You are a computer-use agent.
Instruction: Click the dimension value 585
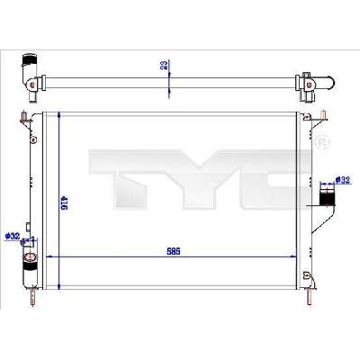click(x=174, y=251)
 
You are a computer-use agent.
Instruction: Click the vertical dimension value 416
click(x=64, y=202)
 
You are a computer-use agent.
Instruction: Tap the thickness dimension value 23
click(x=164, y=65)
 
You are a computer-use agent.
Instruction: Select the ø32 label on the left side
click(x=13, y=237)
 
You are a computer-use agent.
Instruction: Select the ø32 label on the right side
click(x=343, y=180)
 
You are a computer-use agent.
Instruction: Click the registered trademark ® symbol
click(x=322, y=140)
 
